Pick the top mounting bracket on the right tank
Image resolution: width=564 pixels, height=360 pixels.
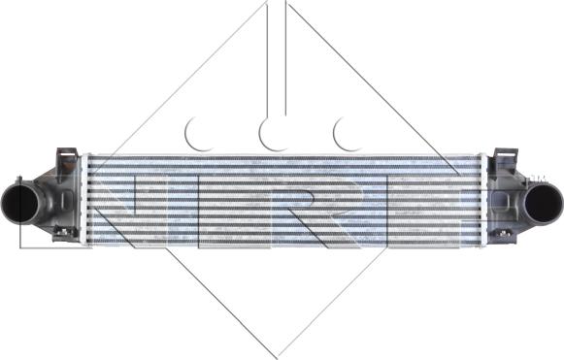pos(505,158)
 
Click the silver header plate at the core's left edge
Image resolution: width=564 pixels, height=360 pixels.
pos(85,199)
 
